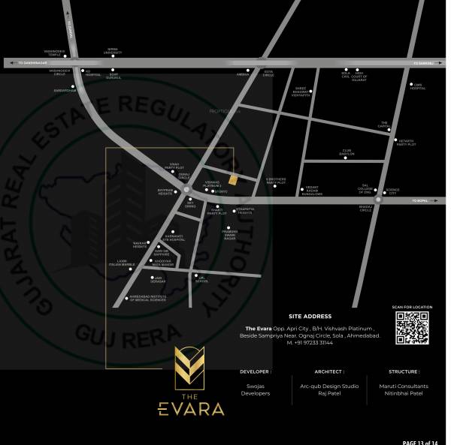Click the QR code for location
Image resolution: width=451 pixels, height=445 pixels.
[412, 327]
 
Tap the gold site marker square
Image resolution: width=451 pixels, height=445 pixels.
[233, 179]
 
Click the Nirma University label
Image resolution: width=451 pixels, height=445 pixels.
[113, 52]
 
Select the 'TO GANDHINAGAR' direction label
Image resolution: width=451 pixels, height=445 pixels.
[32, 63]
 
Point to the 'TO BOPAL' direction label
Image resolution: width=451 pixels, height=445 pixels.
[420, 200]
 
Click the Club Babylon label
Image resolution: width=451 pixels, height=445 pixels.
[347, 152]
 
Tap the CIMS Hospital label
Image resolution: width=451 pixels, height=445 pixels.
[417, 87]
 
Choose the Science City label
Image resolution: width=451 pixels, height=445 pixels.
[392, 193]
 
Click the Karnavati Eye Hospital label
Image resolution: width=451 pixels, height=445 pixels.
[174, 238]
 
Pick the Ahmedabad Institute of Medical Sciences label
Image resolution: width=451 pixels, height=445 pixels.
[147, 299]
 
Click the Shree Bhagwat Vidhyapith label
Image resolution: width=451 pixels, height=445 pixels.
[301, 92]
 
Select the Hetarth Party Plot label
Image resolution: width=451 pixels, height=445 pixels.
[406, 143]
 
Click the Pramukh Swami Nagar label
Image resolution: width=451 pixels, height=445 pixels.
[229, 234]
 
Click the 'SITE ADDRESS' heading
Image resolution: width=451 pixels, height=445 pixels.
[310, 316]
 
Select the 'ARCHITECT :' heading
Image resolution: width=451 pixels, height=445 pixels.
[329, 371]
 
